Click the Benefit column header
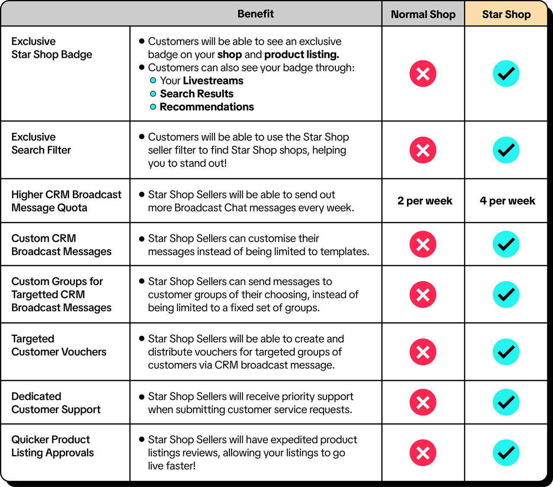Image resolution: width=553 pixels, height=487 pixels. (255, 14)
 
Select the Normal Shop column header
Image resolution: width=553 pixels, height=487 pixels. (423, 14)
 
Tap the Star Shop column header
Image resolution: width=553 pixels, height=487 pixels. (506, 14)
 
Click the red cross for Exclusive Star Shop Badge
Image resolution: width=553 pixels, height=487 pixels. (423, 74)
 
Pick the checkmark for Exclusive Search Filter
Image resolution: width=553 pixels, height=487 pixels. (506, 150)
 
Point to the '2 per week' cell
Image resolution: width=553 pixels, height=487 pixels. (425, 201)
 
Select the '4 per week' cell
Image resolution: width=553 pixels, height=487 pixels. (507, 201)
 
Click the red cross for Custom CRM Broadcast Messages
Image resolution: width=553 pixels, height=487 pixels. (423, 244)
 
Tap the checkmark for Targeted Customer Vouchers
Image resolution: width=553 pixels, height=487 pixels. (506, 352)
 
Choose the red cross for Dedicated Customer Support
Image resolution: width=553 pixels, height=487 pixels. (423, 402)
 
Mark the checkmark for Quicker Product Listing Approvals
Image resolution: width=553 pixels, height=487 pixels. (506, 453)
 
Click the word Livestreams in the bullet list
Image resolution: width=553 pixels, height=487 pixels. (213, 81)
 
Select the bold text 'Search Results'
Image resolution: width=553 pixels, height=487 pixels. (197, 94)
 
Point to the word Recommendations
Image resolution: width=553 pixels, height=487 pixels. (207, 107)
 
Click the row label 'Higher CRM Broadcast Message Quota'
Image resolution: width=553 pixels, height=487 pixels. (66, 201)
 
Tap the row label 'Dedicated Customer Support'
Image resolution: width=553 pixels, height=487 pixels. (56, 403)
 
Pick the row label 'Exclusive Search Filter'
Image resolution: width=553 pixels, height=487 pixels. (41, 144)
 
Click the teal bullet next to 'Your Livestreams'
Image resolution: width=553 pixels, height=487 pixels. (153, 80)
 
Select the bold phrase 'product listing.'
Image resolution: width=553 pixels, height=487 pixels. (302, 54)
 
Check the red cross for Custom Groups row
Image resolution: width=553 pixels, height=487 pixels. (423, 295)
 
